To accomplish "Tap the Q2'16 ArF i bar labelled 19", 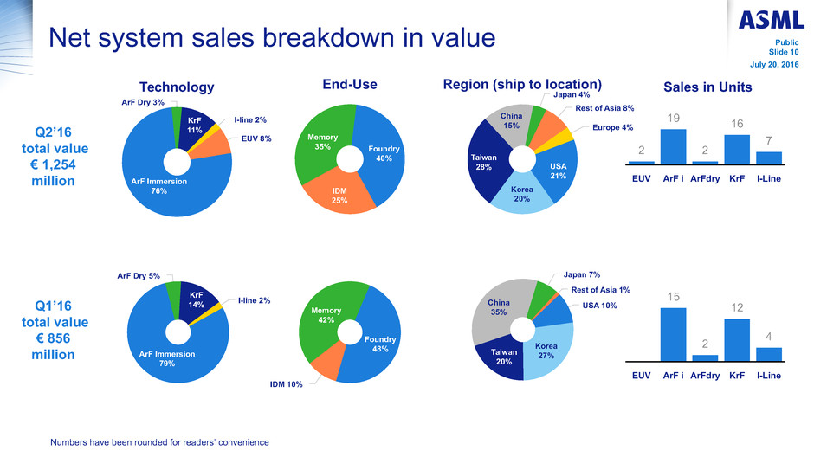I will (x=673, y=146).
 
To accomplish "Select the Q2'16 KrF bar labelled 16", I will (x=736, y=149).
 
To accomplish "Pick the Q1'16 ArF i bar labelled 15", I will (x=673, y=334).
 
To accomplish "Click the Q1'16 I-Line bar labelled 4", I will (x=768, y=354).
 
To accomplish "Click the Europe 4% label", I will (x=614, y=127).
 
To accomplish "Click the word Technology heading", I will (x=177, y=87).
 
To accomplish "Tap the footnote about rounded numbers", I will (x=160, y=442).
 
